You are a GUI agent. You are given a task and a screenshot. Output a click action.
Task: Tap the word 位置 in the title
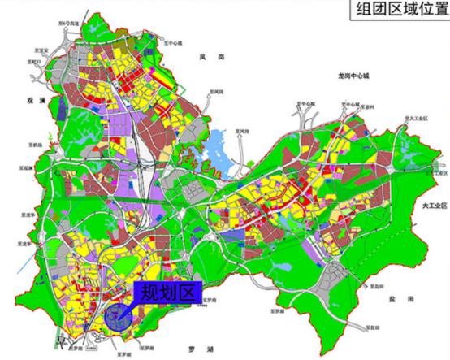coord(430,10)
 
